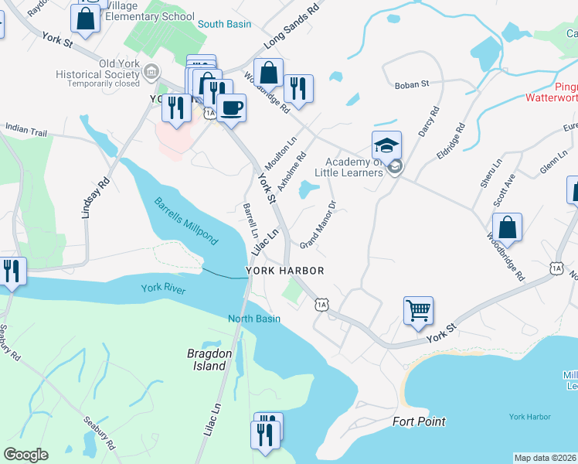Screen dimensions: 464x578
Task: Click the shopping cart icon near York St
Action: (418, 311)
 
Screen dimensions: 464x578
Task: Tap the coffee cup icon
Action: (231, 107)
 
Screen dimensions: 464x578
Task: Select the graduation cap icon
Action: (387, 144)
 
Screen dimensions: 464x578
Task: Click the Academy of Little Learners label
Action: (354, 167)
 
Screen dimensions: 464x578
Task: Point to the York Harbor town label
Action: (284, 271)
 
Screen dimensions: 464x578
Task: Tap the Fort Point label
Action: (418, 421)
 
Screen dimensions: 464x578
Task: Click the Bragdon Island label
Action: (209, 360)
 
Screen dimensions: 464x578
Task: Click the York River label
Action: (165, 288)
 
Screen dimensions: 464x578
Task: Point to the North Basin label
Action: (253, 319)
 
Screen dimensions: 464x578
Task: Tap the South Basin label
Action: (224, 24)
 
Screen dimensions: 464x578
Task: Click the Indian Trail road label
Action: (26, 129)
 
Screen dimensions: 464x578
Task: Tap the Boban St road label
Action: (411, 86)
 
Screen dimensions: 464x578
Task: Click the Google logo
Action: (25, 455)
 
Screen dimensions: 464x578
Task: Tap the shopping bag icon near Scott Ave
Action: (507, 228)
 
